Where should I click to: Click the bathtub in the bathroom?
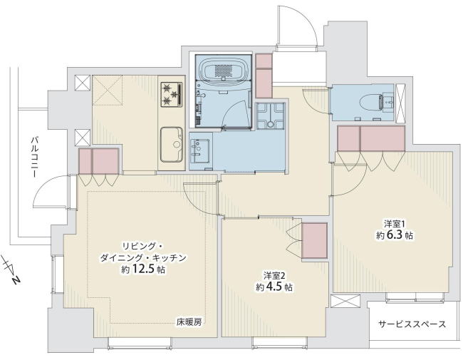[223, 69]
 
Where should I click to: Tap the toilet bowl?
[370, 103]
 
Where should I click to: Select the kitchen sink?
[171, 144]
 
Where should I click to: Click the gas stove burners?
[171, 94]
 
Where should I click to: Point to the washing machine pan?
[270, 116]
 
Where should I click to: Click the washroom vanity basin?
[199, 151]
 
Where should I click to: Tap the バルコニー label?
[35, 157]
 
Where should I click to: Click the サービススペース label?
[412, 324]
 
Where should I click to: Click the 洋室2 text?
[274, 276]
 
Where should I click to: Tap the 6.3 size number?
[394, 235]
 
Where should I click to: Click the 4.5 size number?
[274, 287]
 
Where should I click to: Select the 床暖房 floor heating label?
[189, 322]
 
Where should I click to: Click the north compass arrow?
[11, 270]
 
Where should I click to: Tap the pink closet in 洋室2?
[314, 240]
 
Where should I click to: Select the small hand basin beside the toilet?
[388, 103]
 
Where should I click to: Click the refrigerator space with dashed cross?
[108, 90]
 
